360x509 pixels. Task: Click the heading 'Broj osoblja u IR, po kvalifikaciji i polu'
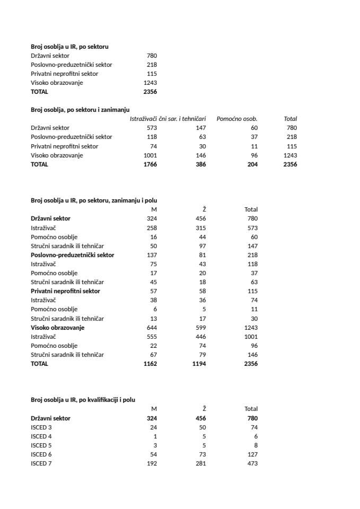[x=83, y=399]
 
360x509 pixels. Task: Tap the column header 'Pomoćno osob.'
[x=236, y=119]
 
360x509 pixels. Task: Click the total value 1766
[x=150, y=164]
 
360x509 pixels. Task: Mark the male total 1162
[x=150, y=364]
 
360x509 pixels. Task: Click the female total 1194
[x=199, y=364]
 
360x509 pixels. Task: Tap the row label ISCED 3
[x=41, y=427]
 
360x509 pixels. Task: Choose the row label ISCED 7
[x=41, y=463]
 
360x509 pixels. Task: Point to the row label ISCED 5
[x=41, y=445]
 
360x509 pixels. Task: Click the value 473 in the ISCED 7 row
[x=252, y=463]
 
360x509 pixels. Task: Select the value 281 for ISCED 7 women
[x=200, y=463]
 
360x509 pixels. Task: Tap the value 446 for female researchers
[x=200, y=337]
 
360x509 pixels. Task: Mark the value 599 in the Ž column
[x=200, y=328]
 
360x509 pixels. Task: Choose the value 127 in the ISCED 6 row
[x=252, y=454]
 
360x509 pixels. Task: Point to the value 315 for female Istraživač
[x=200, y=227]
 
